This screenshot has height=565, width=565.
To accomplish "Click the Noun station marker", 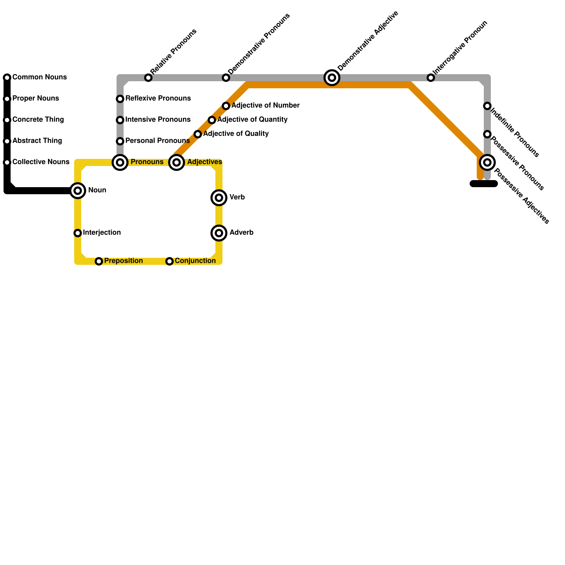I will [78, 191].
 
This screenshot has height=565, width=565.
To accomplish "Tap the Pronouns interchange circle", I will [120, 162].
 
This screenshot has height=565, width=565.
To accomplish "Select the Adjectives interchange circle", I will [177, 162].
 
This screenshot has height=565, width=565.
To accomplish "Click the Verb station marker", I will [219, 198].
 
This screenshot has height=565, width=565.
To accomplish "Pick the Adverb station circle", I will [219, 233].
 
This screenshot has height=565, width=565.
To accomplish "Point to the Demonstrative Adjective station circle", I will [332, 78].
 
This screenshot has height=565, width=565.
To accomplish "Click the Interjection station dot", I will [78, 233].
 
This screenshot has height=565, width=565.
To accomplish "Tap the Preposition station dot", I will [99, 261].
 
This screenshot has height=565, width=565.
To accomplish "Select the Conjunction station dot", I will [169, 261].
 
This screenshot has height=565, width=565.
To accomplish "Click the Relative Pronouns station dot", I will [148, 78].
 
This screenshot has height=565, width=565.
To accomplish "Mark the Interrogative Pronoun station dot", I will [431, 78].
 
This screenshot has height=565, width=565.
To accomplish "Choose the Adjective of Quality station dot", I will [198, 134].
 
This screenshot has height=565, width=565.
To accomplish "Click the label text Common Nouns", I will [40, 77].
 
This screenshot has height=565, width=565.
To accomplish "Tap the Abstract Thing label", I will [37, 141].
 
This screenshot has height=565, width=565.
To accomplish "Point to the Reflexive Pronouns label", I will [158, 99].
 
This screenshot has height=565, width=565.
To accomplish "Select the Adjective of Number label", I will [266, 106].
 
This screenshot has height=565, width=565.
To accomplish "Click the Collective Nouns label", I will [41, 162].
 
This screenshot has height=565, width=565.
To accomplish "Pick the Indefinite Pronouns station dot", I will [487, 106].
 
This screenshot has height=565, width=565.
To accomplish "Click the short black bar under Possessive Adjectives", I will [484, 184].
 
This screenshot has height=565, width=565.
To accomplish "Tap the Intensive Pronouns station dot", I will [120, 120].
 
